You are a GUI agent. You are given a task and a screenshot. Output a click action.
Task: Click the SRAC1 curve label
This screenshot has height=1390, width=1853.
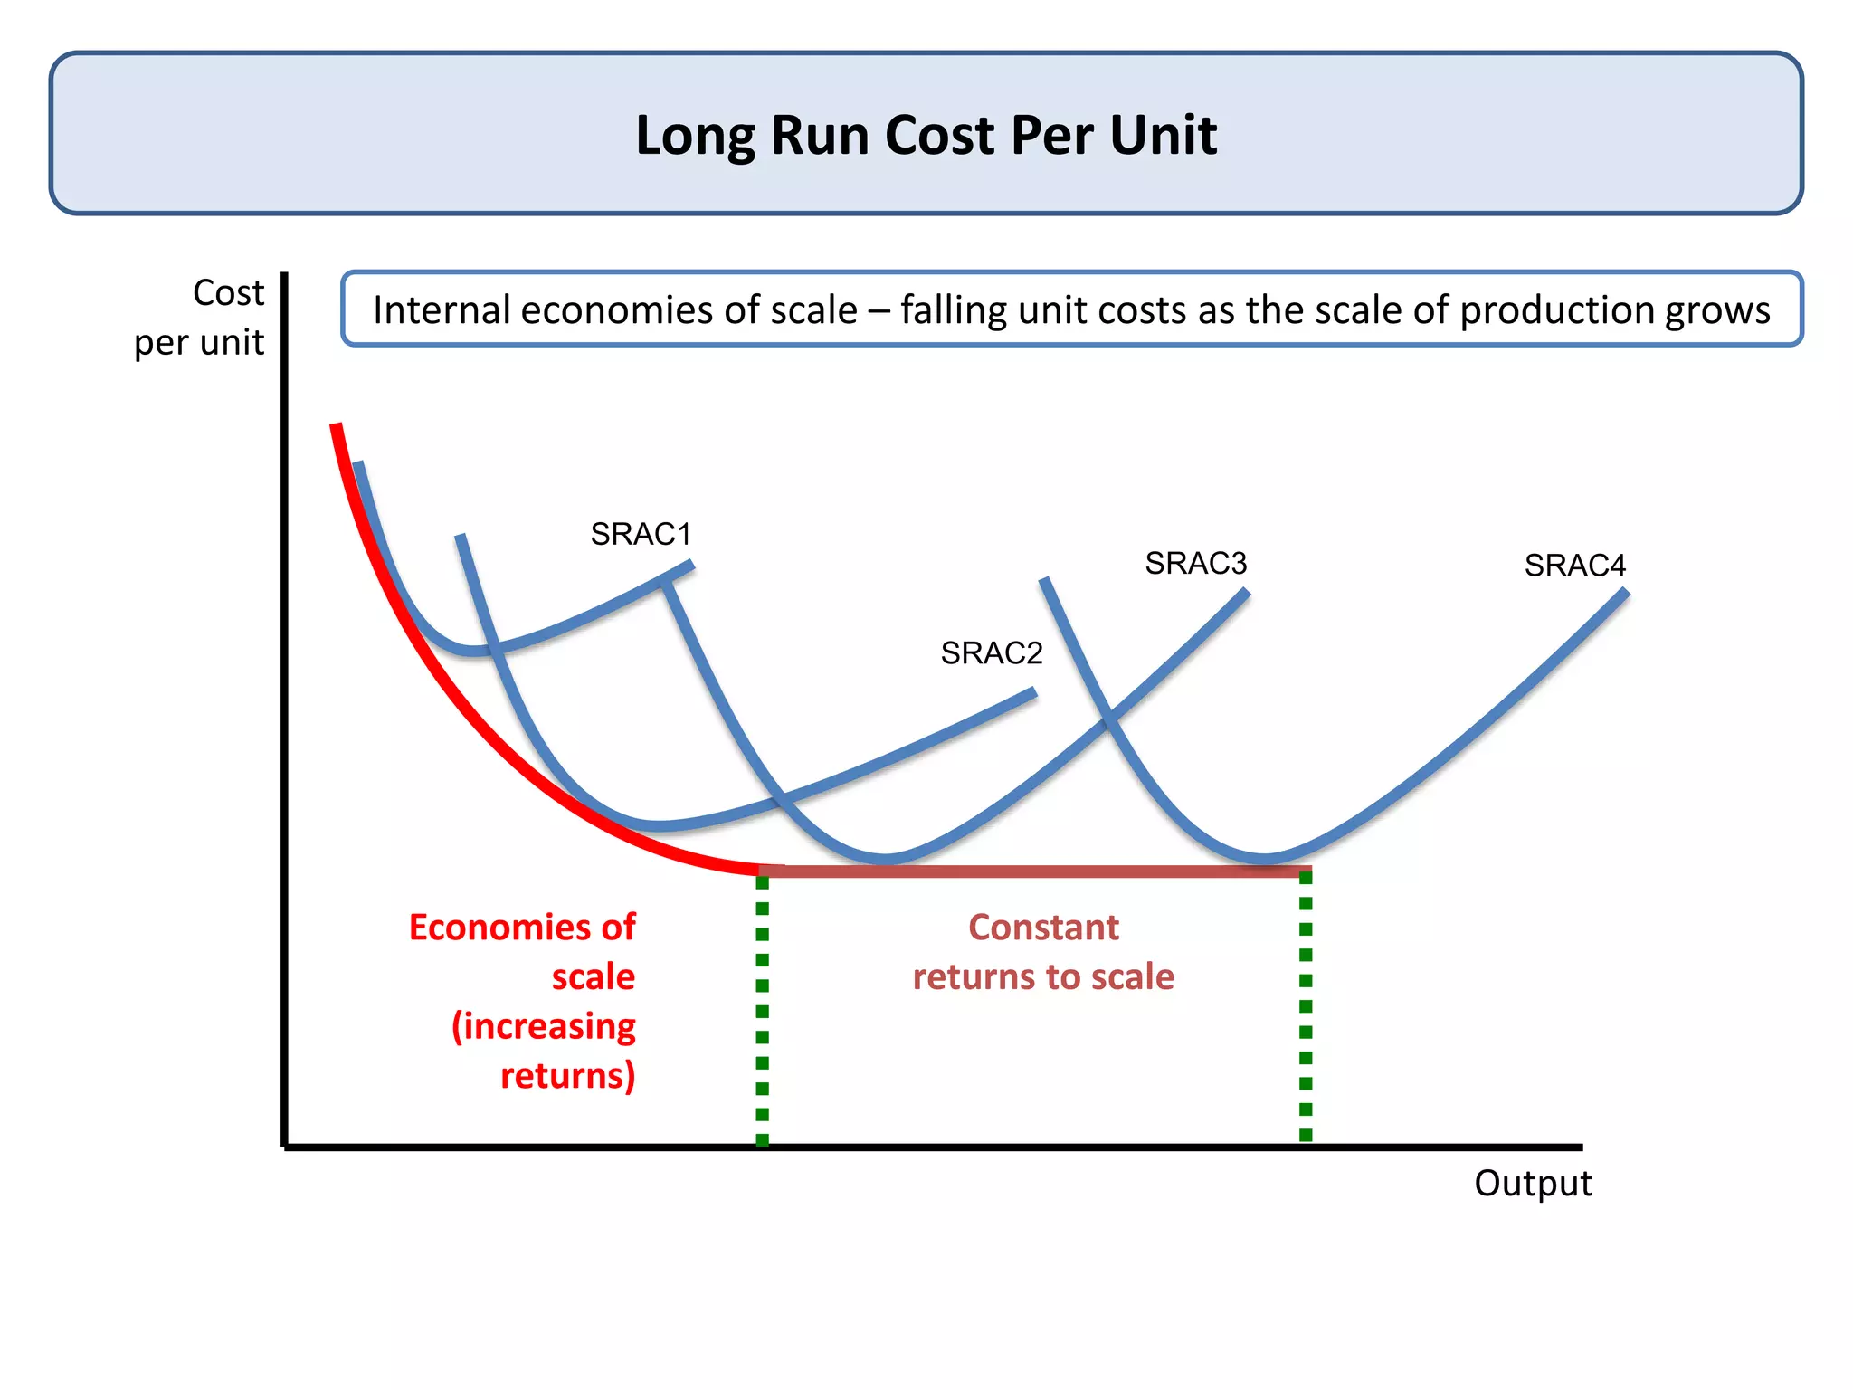[641, 534]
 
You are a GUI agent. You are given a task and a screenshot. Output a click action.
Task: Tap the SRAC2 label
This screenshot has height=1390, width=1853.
[992, 652]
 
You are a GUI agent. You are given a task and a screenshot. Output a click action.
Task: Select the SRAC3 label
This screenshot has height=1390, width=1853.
[1196, 563]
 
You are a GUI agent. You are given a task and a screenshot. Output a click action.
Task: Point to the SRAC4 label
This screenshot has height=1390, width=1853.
[1574, 565]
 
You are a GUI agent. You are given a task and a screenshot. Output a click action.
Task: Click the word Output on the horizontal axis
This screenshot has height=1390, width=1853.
[1533, 1184]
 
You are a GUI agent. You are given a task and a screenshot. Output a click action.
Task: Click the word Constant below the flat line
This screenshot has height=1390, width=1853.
[1043, 928]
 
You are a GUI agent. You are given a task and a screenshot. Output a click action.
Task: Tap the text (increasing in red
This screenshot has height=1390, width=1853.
[544, 1026]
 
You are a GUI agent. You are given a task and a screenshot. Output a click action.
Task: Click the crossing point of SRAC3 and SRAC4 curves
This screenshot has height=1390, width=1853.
[1108, 720]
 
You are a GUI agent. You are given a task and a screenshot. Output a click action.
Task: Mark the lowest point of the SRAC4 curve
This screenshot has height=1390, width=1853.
[1264, 857]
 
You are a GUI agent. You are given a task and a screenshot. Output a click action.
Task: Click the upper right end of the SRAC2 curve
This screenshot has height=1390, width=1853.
[1033, 693]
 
